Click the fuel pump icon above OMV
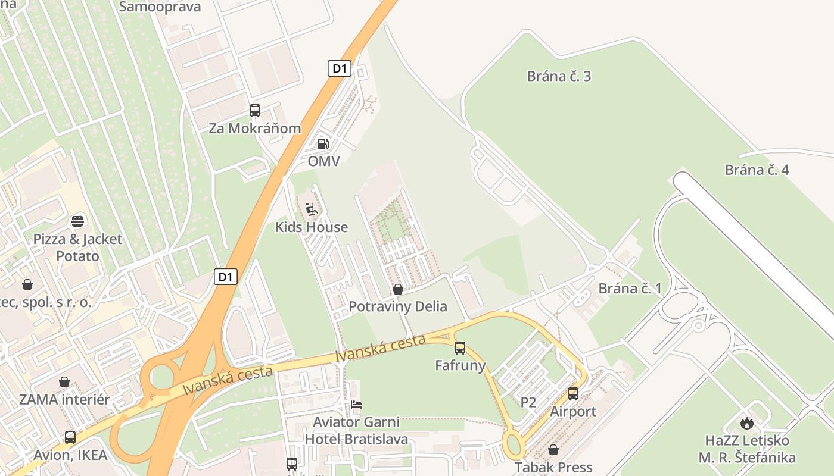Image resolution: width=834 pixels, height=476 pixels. tap(323, 143)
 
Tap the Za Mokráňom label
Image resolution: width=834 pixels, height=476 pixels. tap(254, 128)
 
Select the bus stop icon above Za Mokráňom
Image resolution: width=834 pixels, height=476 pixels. tap(255, 110)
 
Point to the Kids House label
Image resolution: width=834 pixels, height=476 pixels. tap(311, 227)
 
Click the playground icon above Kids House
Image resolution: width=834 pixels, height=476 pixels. tap(312, 209)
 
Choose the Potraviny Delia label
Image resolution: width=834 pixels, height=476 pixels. tap(397, 306)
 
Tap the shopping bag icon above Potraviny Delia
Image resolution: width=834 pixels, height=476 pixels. tap(397, 289)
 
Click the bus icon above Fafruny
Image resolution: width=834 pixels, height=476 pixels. tap(460, 348)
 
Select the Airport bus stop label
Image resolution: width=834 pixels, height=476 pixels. tap(572, 411)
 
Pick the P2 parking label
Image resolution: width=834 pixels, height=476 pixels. tap(528, 402)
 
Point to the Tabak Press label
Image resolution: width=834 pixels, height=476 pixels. tap(553, 467)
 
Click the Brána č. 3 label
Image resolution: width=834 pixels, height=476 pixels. tap(559, 76)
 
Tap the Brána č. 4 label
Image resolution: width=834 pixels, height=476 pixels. tap(757, 170)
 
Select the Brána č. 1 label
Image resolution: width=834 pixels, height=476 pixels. tap(630, 289)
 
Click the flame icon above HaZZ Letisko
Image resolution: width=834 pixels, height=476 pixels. tap(746, 423)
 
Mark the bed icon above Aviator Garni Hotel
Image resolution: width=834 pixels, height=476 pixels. tap(356, 405)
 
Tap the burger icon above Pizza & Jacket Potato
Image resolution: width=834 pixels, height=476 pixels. tap(77, 221)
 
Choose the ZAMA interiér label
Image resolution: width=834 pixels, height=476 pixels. tap(64, 399)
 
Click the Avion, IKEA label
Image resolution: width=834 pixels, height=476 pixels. tap(70, 455)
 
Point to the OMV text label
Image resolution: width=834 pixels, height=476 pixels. tap(323, 161)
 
